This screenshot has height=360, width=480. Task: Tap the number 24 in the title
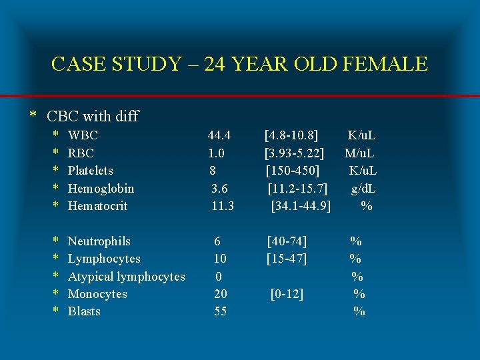pos(217,64)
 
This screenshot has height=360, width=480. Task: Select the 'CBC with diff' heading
pos(93,116)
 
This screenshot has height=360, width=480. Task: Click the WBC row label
pos(83,135)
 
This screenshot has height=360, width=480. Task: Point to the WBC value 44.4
pos(219,135)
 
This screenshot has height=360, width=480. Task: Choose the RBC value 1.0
pos(216,153)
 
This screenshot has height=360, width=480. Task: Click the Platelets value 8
pos(212,171)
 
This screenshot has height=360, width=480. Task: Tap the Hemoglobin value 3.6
pos(220,189)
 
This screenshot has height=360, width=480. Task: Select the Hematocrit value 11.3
pos(223,206)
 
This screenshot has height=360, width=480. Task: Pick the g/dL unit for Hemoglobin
pos(364,189)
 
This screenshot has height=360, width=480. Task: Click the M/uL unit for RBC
pos(359,153)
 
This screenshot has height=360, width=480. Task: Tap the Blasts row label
pos(85,311)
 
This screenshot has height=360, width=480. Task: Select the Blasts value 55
pos(220,311)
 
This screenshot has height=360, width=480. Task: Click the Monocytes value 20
pos(220,294)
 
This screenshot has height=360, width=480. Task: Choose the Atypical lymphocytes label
pos(127,276)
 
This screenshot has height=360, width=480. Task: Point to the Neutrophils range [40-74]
pos(287,241)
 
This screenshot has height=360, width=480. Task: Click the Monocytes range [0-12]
pos(287,294)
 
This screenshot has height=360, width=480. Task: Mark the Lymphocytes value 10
pos(220,259)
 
